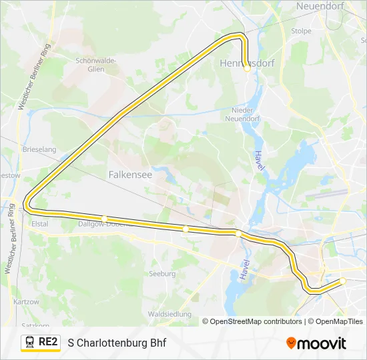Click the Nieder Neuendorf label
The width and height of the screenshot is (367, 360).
(x=244, y=114)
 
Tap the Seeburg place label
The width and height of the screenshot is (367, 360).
(x=162, y=273)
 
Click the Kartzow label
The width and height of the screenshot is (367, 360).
(x=27, y=301)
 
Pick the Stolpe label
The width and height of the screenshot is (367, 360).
(x=301, y=31)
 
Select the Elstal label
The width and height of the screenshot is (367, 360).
(x=40, y=224)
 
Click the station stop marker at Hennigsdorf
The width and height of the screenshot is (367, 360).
(x=247, y=68)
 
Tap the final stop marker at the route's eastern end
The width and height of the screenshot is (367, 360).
(x=342, y=281)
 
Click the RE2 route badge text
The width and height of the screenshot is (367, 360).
(x=48, y=342)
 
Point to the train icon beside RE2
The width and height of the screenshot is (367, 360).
(x=30, y=342)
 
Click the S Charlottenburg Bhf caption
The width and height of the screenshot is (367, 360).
(x=117, y=343)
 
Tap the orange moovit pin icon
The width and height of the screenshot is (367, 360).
(x=291, y=343)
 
